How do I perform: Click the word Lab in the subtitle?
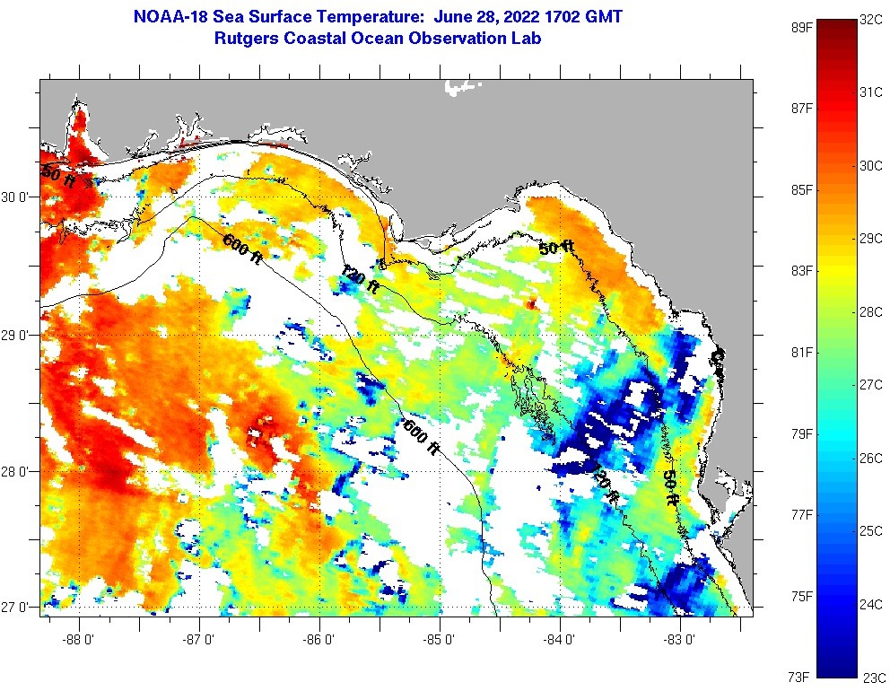click(x=526, y=39)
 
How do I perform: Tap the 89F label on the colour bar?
click(x=801, y=27)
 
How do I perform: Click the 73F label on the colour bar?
click(x=801, y=676)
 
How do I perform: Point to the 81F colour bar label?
click(x=801, y=352)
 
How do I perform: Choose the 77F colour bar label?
click(x=801, y=514)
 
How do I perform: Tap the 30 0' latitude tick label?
click(x=18, y=197)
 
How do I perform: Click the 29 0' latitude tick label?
click(x=18, y=336)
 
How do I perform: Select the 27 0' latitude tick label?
click(x=18, y=608)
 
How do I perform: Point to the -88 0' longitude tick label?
click(x=79, y=640)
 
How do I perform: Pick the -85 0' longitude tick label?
click(x=441, y=640)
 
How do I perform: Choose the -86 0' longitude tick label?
click(x=319, y=640)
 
